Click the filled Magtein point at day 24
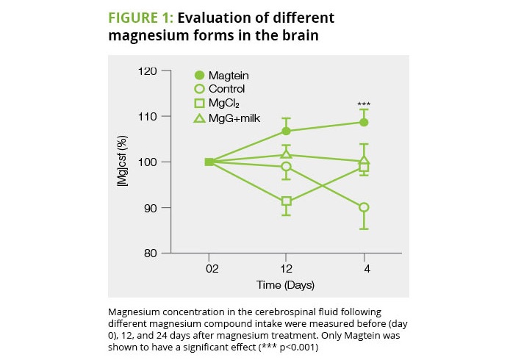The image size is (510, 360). pyautogui.click(x=364, y=122)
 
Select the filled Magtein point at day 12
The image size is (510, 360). pyautogui.click(x=287, y=131)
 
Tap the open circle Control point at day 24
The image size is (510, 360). pyautogui.click(x=364, y=208)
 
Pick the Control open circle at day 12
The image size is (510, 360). pyautogui.click(x=287, y=167)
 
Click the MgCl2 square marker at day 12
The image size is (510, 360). pyautogui.click(x=287, y=201)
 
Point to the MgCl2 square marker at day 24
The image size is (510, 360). pyautogui.click(x=364, y=168)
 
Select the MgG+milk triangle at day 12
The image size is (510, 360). pyautogui.click(x=287, y=154)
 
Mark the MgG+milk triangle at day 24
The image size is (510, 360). pyautogui.click(x=364, y=160)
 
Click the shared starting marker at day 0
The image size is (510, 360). pyautogui.click(x=209, y=162)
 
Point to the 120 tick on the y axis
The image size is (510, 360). pyautogui.click(x=148, y=71)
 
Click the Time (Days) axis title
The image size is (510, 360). pyautogui.click(x=286, y=284)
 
